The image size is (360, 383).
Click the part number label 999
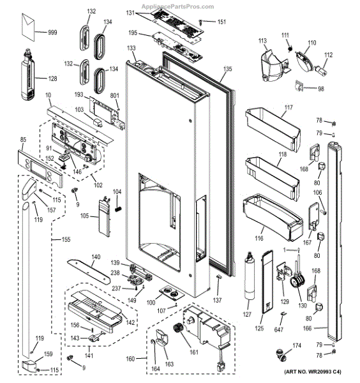click(x=51, y=31)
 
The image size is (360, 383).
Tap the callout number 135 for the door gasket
click(x=228, y=68)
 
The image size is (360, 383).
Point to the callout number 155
click(x=66, y=240)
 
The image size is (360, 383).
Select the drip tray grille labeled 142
click(x=96, y=305)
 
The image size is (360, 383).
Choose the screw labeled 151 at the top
click(x=202, y=22)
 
